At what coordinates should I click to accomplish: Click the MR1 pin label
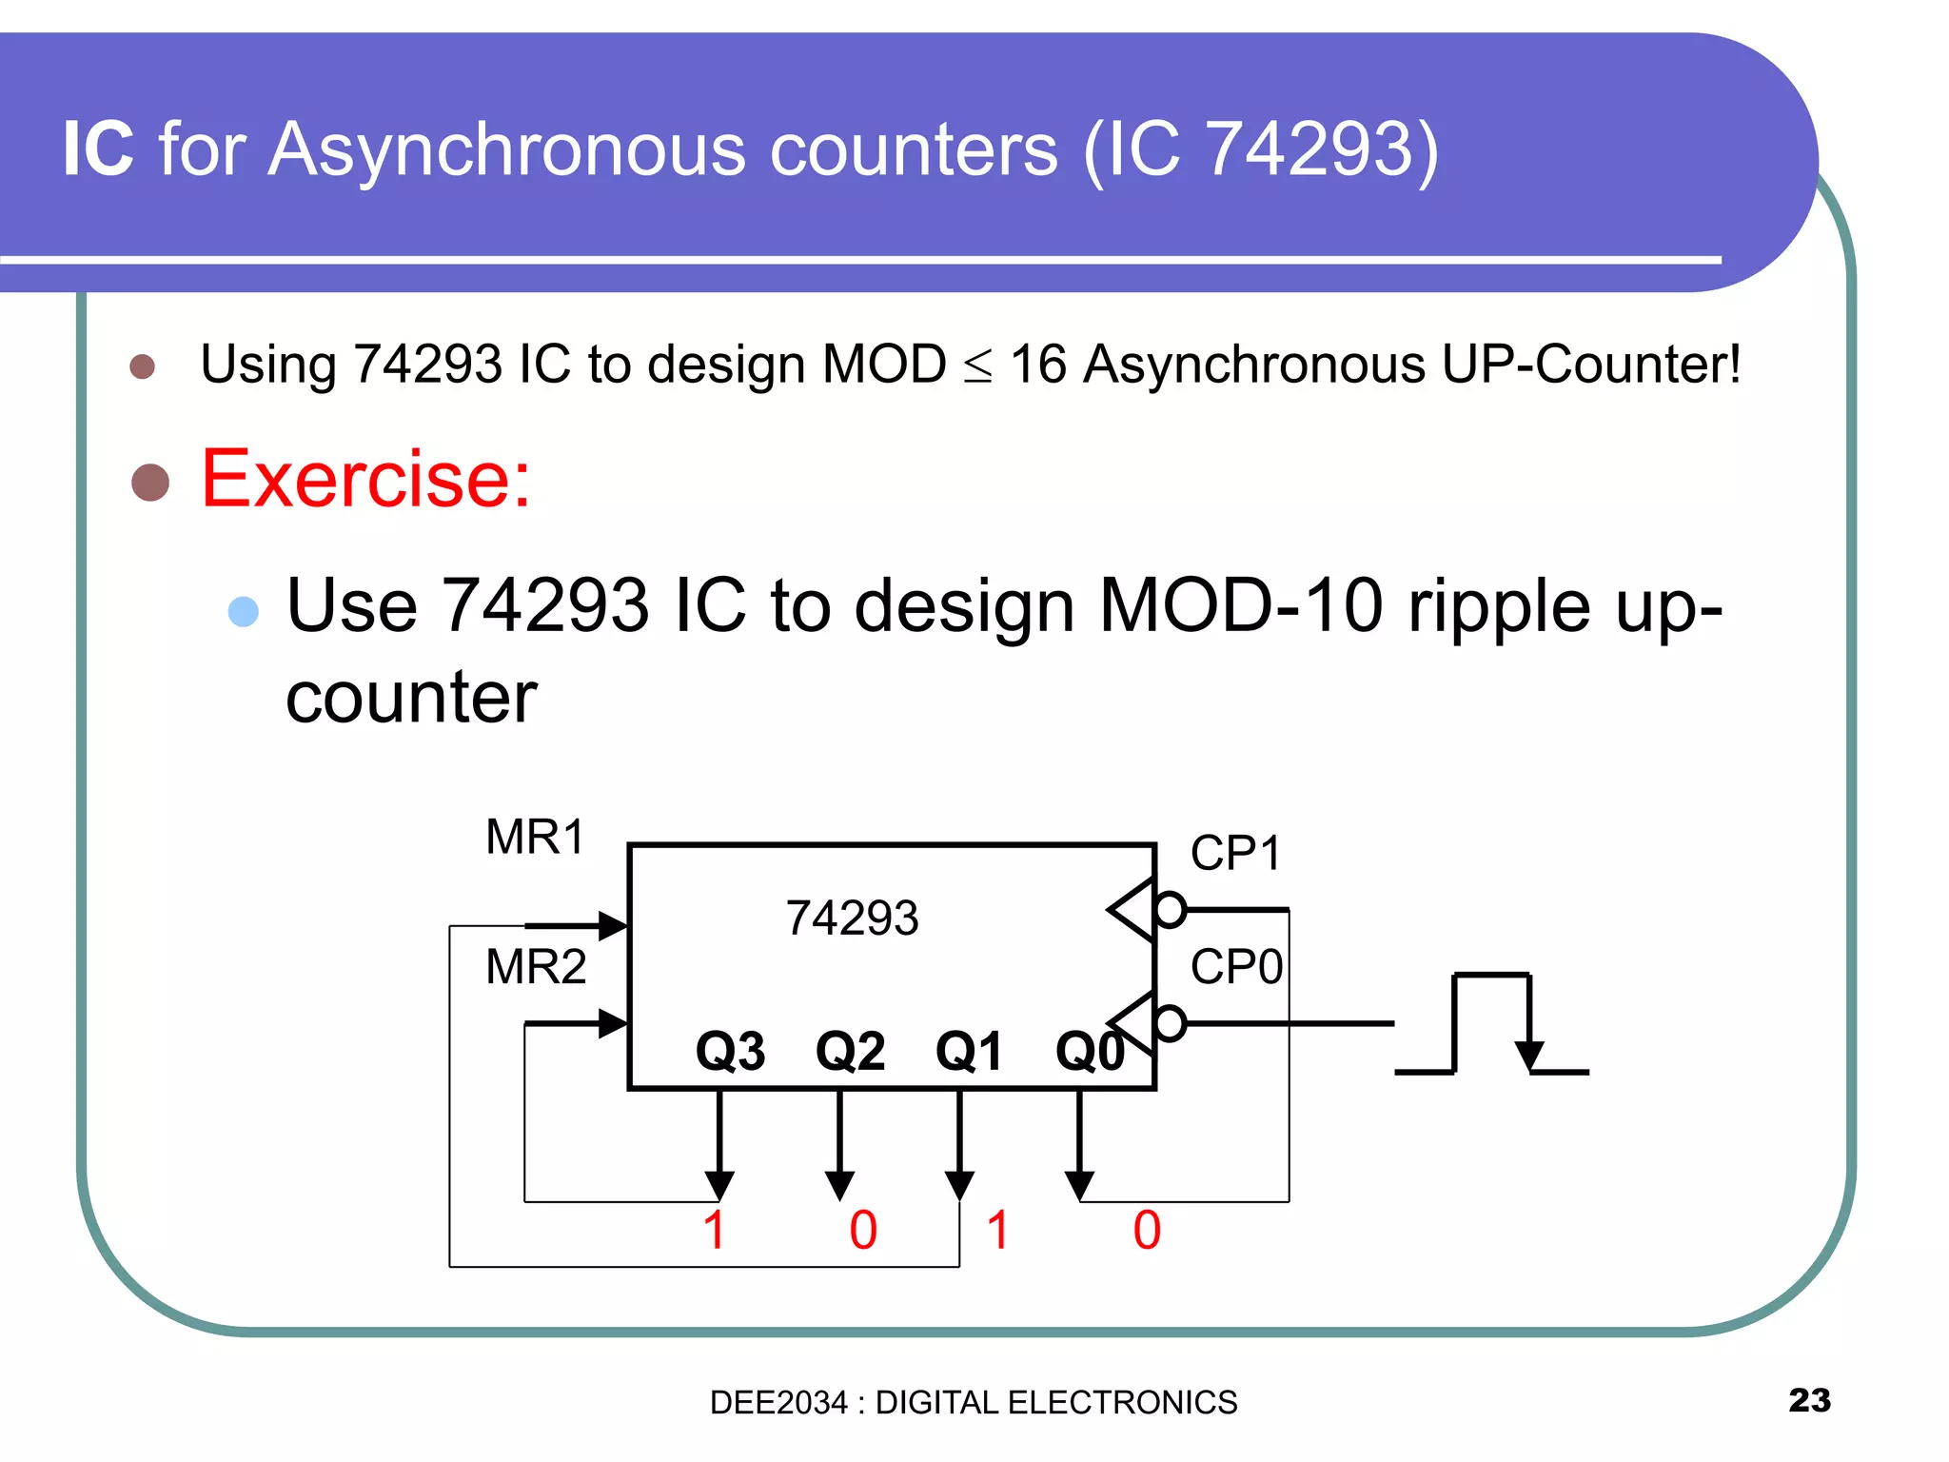pos(535,838)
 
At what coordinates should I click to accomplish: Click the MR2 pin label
pos(536,967)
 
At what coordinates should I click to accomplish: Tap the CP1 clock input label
pos(1235,853)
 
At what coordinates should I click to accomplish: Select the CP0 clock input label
pos(1236,967)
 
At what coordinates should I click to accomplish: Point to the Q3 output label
pos(730,1052)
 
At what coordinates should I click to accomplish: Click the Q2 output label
pos(850,1052)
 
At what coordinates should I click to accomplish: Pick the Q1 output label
pos(969,1052)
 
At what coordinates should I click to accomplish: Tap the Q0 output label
pos(1090,1052)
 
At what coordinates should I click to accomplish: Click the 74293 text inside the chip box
pos(852,919)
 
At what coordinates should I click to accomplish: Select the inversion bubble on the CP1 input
pos(1170,910)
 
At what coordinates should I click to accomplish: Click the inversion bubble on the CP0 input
pos(1170,1024)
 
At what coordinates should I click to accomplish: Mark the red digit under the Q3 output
pos(715,1230)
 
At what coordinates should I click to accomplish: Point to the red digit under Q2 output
pos(863,1230)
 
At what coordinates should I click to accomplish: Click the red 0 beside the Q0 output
pos(1147,1230)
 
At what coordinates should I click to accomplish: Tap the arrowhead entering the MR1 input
pos(612,925)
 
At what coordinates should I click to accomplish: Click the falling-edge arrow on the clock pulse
pos(1528,1053)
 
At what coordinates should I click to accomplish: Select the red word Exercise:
pos(365,479)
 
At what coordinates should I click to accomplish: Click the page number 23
pos(1809,1400)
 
